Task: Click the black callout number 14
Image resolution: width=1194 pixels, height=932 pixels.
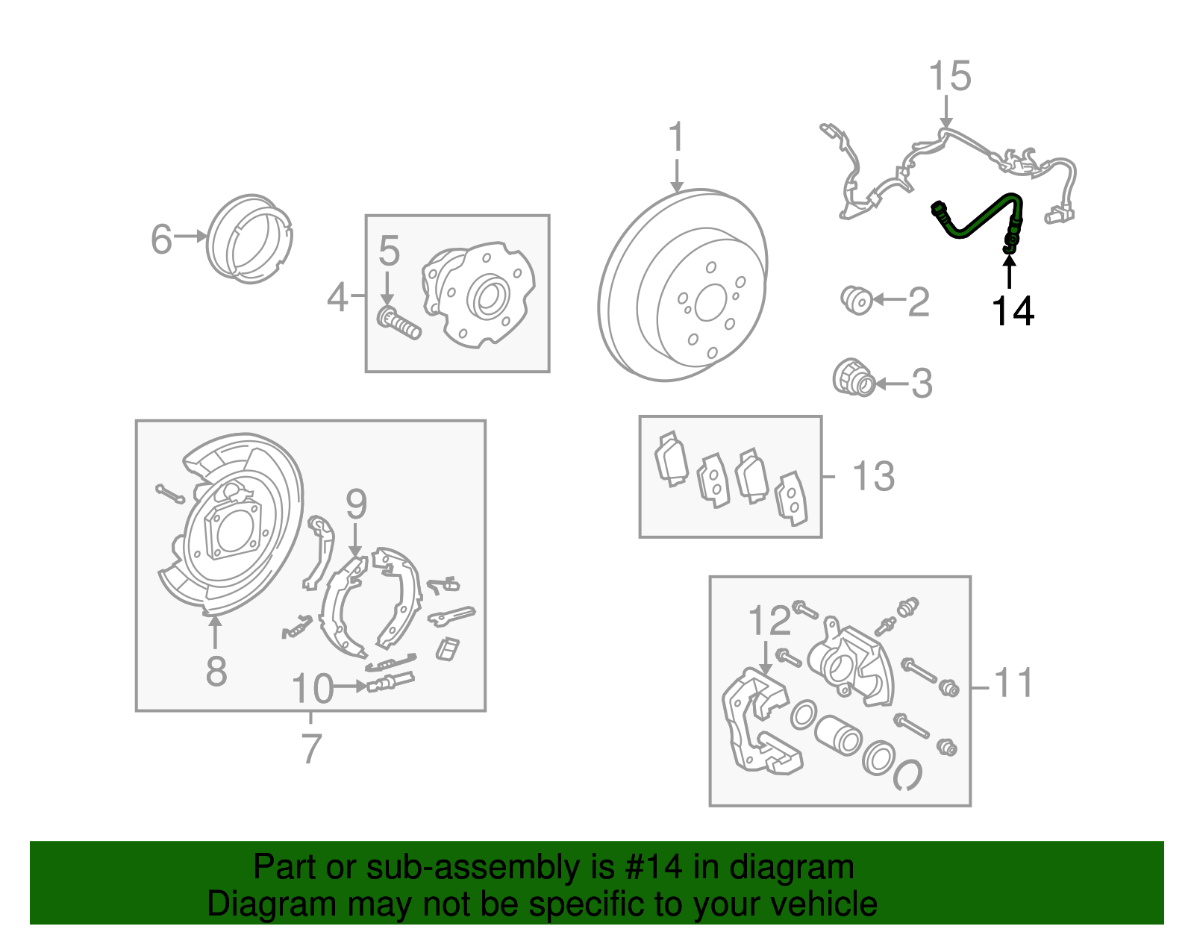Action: [x=1013, y=311]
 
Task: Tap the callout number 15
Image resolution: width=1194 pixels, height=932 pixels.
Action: [x=949, y=77]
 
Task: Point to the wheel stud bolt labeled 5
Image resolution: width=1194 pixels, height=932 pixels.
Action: [x=398, y=323]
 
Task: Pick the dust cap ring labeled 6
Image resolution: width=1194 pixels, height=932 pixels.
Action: [x=249, y=239]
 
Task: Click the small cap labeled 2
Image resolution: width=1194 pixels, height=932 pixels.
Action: [x=857, y=300]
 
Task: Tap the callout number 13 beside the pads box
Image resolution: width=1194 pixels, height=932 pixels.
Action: [x=873, y=476]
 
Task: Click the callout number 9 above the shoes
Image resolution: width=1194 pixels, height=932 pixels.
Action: [x=356, y=505]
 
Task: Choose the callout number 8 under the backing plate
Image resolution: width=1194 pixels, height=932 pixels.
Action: [x=216, y=671]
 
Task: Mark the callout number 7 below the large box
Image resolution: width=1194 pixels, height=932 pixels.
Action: [x=311, y=748]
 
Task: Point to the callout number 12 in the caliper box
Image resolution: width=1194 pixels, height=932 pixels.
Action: [x=769, y=621]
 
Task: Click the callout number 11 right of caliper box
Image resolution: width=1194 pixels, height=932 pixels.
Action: [x=1013, y=684]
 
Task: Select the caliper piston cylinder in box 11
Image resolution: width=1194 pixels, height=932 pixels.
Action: [x=837, y=733]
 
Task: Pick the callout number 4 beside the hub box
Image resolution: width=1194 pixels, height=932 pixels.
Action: [x=337, y=298]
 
